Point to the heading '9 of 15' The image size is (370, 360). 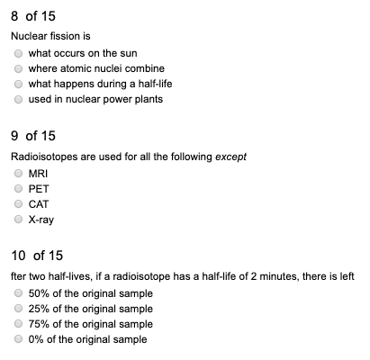[32, 136]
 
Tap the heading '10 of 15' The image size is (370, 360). [37, 256]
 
